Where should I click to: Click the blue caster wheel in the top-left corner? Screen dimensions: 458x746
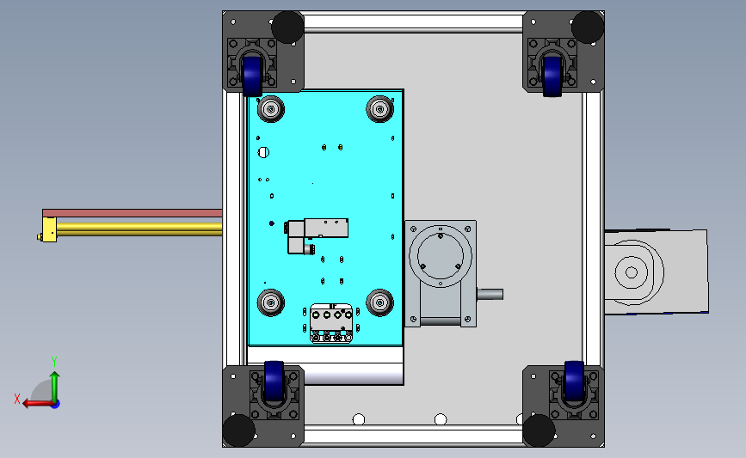(251, 74)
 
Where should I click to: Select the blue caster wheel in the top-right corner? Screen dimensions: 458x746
(553, 74)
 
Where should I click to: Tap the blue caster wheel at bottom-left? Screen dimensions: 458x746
(274, 382)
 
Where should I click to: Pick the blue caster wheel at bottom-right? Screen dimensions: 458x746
(573, 382)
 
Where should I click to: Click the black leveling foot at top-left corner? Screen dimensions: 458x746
(287, 27)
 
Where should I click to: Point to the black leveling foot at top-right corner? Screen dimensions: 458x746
(588, 27)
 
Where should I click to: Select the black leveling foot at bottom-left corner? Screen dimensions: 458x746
(240, 430)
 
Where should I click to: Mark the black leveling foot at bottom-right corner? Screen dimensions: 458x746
(539, 431)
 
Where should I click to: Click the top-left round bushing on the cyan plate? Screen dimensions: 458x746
(270, 109)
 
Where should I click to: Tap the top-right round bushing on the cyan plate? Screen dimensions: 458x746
(379, 108)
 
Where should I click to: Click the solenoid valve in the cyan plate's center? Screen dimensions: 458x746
(318, 231)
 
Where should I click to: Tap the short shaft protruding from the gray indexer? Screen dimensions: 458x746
(489, 294)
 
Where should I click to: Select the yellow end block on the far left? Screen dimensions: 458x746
(49, 229)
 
